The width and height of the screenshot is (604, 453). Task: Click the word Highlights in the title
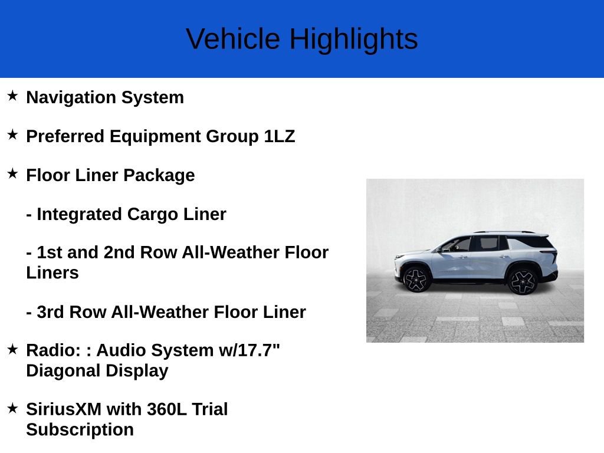tap(353, 40)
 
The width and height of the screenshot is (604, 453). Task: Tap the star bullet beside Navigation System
tap(12, 96)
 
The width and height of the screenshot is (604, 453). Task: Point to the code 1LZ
tap(280, 136)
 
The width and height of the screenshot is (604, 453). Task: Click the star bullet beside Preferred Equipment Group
tap(12, 134)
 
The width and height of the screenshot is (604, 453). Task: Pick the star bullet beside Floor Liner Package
tap(12, 173)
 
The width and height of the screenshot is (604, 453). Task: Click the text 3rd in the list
tap(51, 312)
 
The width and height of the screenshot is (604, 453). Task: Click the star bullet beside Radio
tap(12, 349)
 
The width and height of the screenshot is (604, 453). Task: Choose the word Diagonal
tap(63, 371)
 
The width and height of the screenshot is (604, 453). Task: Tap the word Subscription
tap(80, 430)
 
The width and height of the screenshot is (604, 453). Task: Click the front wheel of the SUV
tap(416, 279)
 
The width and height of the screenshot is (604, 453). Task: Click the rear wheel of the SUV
tap(522, 281)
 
